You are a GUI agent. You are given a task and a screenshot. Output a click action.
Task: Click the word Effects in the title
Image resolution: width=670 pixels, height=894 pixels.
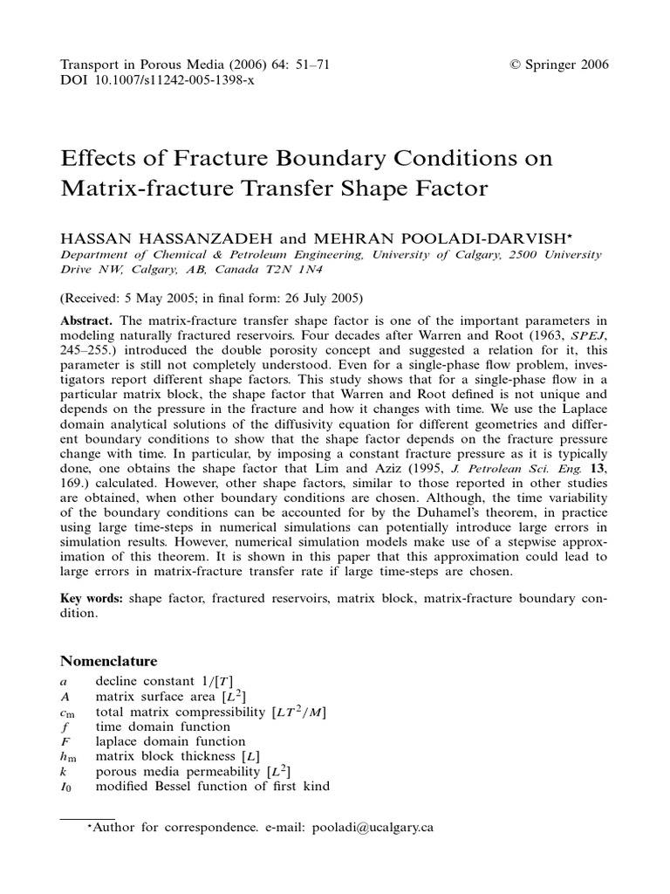[x=98, y=160]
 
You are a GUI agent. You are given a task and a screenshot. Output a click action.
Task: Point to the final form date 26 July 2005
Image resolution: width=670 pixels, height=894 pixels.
[x=305, y=296]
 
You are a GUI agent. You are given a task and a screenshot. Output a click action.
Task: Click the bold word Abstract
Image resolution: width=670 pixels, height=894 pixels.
[x=85, y=320]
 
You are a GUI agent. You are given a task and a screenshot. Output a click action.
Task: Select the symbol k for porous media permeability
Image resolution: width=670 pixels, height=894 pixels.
[x=64, y=772]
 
